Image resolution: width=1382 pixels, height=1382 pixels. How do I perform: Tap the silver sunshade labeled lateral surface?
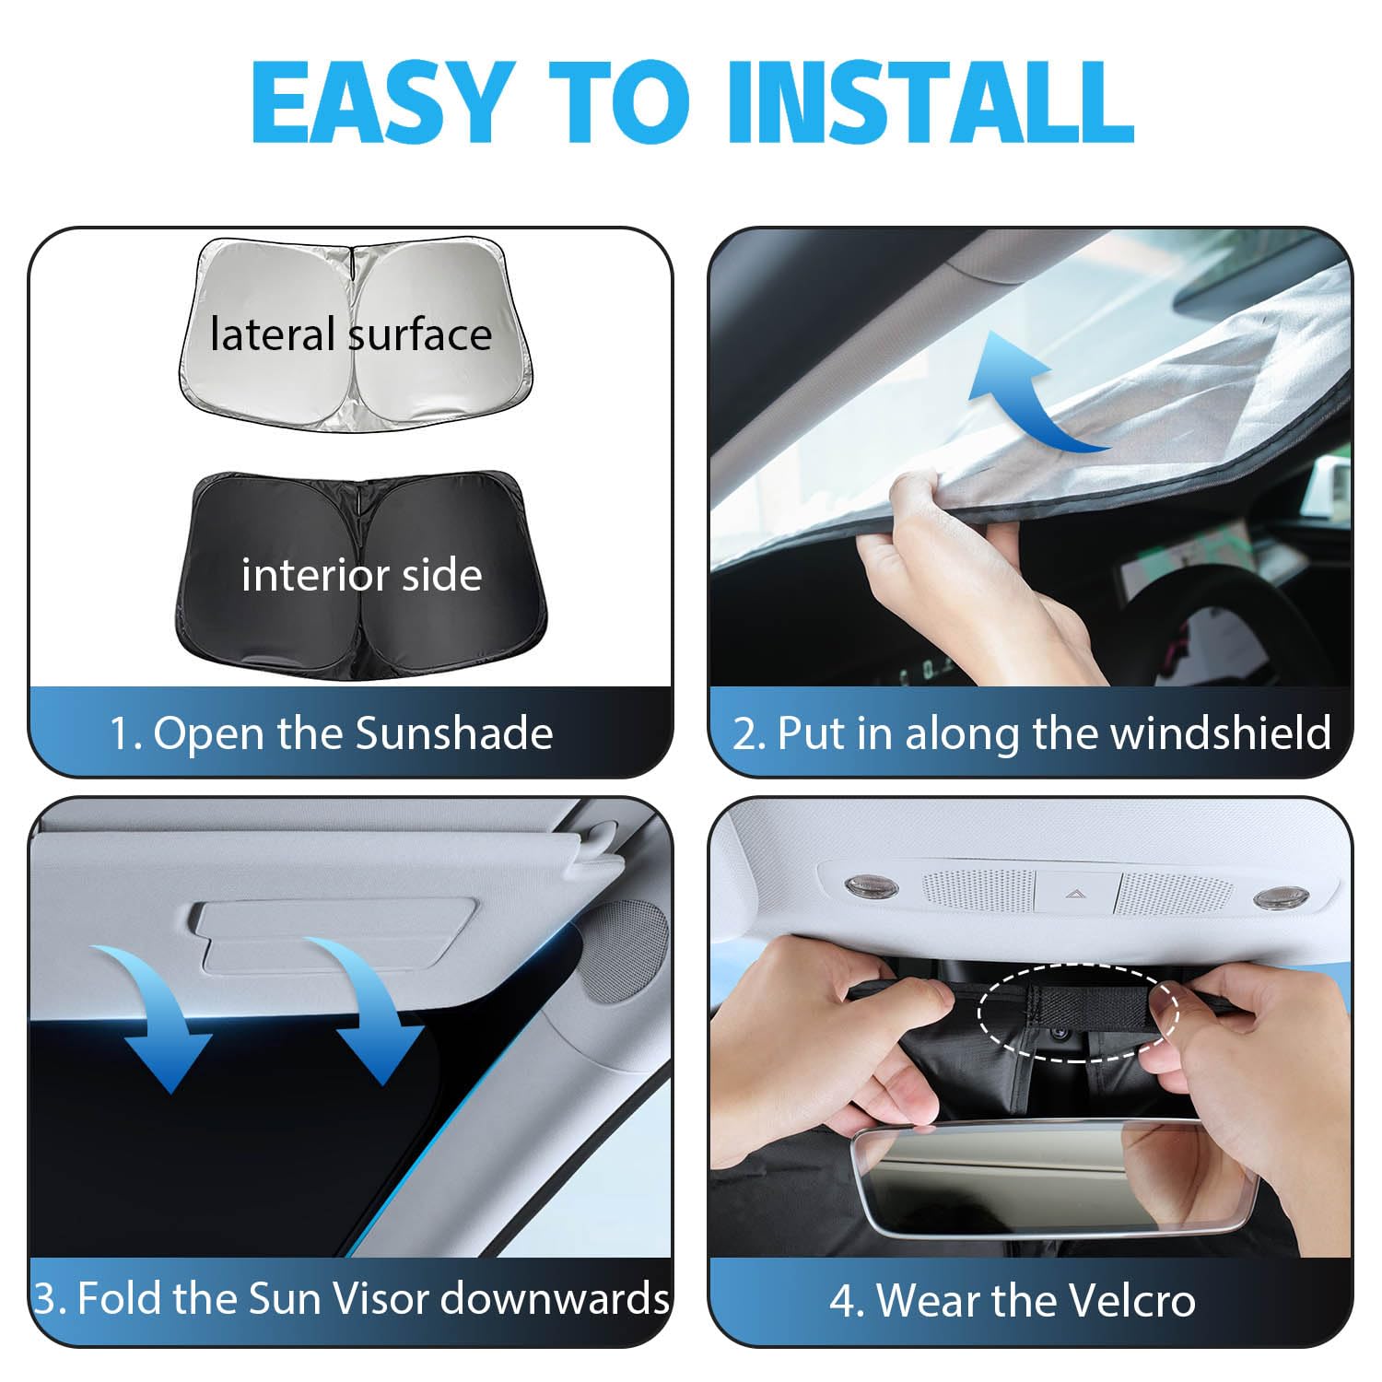(x=354, y=334)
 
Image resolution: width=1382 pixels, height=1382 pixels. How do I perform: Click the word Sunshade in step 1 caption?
(x=454, y=733)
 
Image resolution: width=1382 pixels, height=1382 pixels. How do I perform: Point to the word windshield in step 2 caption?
(x=1220, y=733)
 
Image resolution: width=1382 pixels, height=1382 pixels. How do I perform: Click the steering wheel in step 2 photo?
(x=1225, y=627)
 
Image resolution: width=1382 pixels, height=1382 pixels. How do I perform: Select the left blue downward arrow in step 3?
(x=157, y=1013)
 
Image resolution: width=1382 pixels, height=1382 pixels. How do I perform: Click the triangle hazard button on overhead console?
(x=1074, y=892)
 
